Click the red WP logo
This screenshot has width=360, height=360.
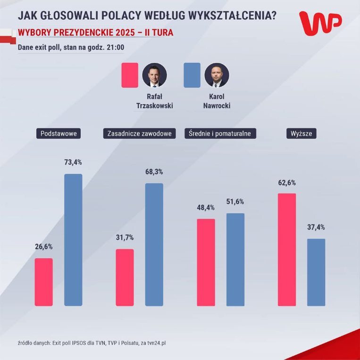point(320,24)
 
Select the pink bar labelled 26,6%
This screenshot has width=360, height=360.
point(44,282)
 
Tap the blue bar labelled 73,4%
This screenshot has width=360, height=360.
point(73,240)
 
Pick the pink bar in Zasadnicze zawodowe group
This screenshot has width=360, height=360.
point(125,277)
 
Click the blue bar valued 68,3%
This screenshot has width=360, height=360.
point(154,244)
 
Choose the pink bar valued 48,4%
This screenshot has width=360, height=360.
point(206,262)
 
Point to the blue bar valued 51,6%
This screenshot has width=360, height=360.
point(235,259)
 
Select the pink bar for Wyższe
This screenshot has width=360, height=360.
point(287,249)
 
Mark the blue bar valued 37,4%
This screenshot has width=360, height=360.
point(316,272)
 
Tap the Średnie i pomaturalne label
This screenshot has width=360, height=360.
point(220,134)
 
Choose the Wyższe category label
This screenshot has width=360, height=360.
point(301,134)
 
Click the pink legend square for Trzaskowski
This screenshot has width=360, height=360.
point(130,75)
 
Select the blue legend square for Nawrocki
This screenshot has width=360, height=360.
point(192,75)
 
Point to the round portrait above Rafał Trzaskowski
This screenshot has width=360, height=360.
point(155,75)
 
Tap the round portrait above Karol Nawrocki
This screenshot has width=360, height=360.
point(217,75)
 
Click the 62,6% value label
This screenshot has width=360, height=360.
point(287,183)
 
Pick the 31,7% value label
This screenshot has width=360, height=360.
point(125,238)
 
